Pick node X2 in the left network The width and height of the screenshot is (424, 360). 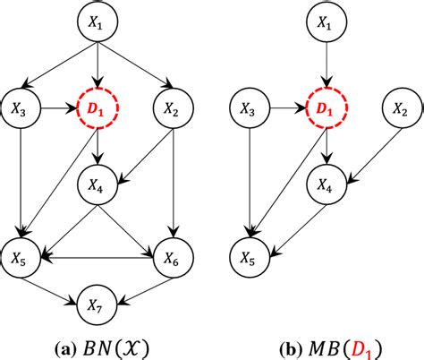tap(174, 110)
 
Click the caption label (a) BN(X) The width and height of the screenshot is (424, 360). tap(99, 343)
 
